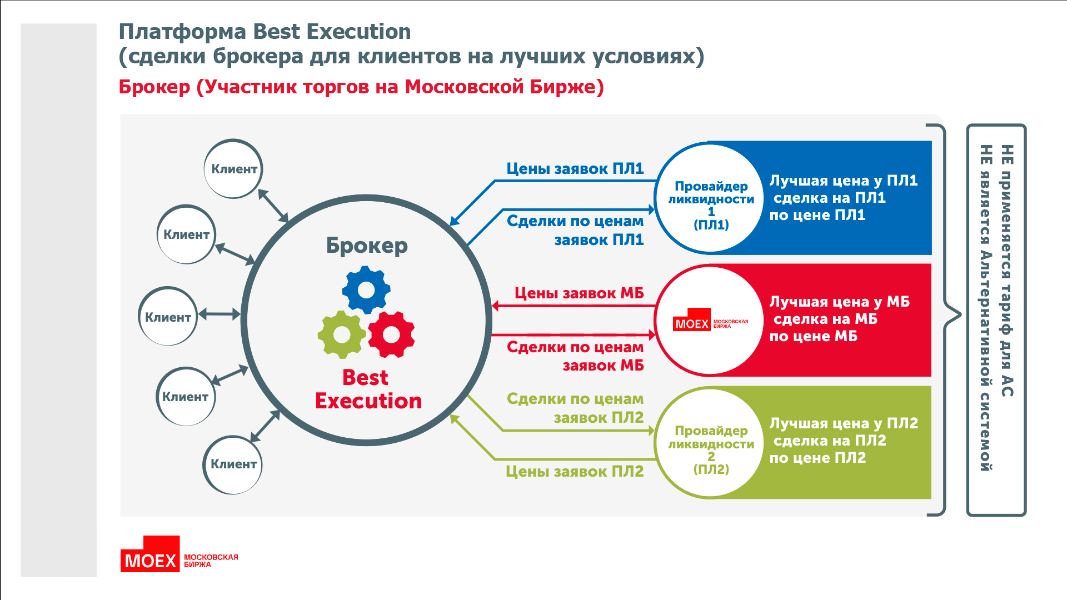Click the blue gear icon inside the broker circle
point(366,289)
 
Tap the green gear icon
point(342,334)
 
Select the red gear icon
point(391,334)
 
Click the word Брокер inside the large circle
point(367,246)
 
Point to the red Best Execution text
point(368,389)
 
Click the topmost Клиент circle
point(233,169)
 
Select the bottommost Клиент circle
point(233,464)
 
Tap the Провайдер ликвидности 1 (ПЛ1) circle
point(710,198)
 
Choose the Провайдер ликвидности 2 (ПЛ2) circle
point(710,442)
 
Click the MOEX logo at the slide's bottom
point(179,554)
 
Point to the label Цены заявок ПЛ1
point(575,169)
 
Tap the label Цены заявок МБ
point(579,293)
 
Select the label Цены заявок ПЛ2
point(575,472)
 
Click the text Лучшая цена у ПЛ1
point(844,181)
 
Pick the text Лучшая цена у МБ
point(840,302)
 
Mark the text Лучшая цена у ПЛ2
point(844,423)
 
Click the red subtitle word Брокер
point(154,87)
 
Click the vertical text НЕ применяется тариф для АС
point(1007,271)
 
